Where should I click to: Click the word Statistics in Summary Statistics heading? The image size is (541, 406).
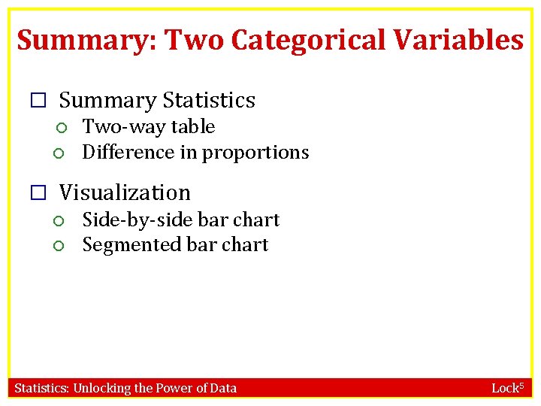coord(209,100)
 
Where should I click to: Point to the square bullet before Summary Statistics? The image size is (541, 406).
coord(39,101)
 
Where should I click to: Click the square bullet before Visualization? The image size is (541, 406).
coord(39,193)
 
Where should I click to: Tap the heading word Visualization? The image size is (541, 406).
coord(125,192)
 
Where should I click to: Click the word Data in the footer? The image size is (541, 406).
coord(222,388)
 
